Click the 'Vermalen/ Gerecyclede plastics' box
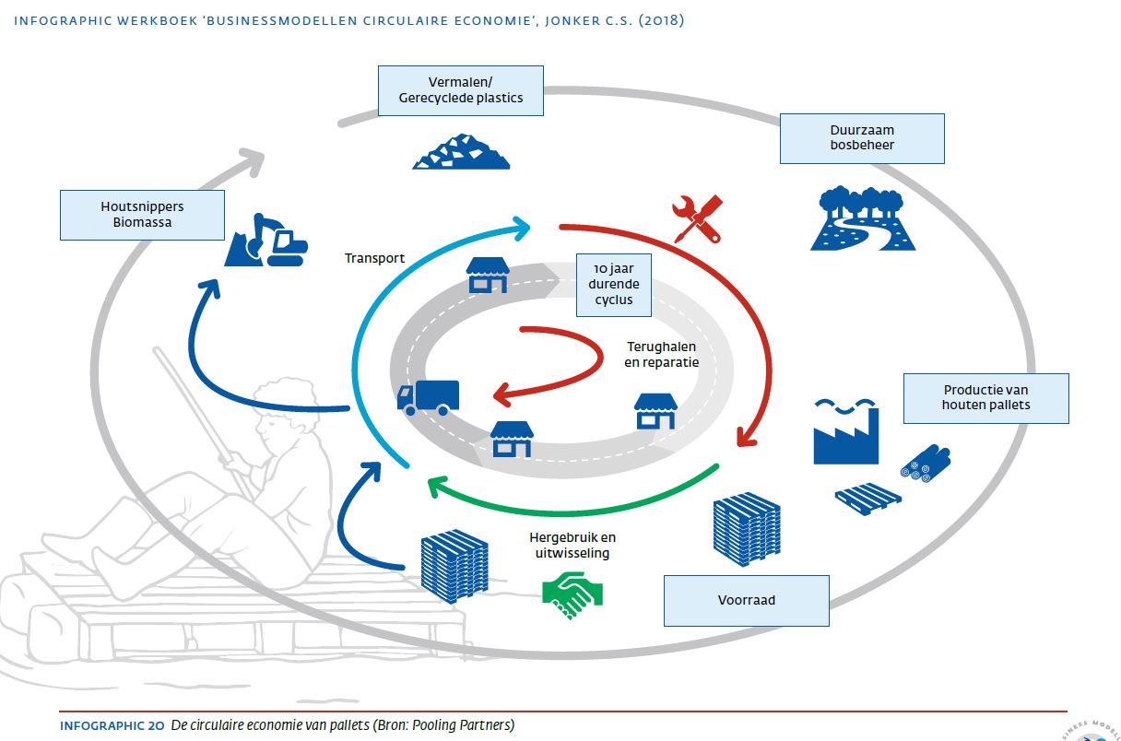[460, 90]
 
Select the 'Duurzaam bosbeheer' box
[862, 138]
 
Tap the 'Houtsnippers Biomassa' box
[142, 215]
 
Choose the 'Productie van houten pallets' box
[986, 398]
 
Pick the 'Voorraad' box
[747, 600]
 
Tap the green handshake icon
[572, 596]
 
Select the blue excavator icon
[266, 242]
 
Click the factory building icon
[845, 431]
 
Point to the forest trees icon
[863, 218]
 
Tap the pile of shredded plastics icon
[460, 151]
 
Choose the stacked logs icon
[925, 463]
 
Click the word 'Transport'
[374, 258]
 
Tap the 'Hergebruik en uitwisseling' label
[572, 545]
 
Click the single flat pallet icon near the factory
[867, 498]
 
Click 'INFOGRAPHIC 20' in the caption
[112, 725]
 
